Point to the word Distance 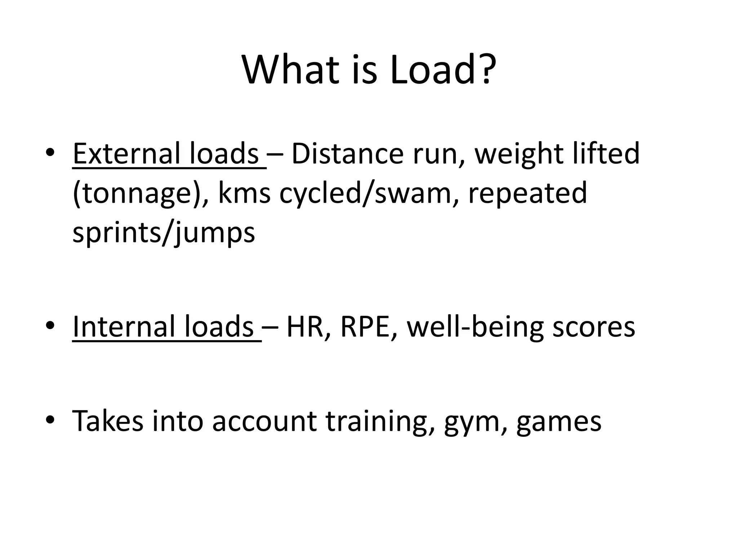[x=347, y=154]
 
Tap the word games [x=559, y=422]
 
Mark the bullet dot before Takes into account [x=50, y=420]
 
